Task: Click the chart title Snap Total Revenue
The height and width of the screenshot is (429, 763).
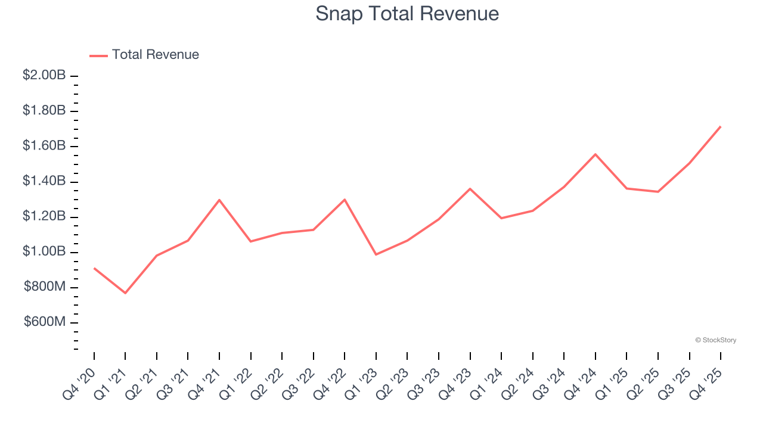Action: [x=407, y=13]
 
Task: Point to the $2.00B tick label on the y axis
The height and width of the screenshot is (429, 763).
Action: [x=44, y=76]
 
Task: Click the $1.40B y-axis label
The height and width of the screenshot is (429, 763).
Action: [x=44, y=181]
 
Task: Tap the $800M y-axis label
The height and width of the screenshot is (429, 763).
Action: [x=45, y=287]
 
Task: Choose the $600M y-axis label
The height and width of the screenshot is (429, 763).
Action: [x=45, y=322]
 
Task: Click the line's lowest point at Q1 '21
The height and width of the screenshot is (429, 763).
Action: [x=125, y=293]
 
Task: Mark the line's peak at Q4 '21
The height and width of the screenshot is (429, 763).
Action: [x=219, y=200]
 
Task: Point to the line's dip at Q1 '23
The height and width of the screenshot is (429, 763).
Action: [x=376, y=254]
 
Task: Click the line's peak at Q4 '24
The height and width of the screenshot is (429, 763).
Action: [x=595, y=154]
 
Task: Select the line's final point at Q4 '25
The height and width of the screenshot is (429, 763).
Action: [x=720, y=126]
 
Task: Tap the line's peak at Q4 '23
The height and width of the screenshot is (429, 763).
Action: [x=470, y=189]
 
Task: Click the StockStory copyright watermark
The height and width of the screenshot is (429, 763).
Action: [x=715, y=340]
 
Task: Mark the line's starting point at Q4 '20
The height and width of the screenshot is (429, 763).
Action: [x=94, y=268]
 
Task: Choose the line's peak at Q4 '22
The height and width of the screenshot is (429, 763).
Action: [x=345, y=199]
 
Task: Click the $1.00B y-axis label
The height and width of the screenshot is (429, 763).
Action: [x=44, y=252]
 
